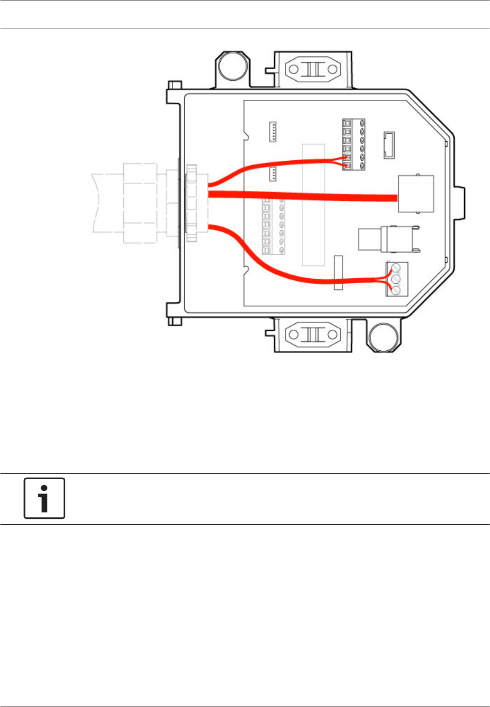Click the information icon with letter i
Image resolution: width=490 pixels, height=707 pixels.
point(45,498)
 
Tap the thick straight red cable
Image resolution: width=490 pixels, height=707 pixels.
point(303,196)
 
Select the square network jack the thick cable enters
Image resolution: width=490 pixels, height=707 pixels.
point(416,194)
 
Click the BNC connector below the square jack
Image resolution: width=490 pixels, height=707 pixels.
point(387,239)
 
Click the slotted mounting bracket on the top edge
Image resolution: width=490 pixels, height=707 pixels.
point(313,69)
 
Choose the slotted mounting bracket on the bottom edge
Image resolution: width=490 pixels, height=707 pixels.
point(313,335)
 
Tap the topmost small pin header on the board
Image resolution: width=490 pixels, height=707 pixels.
point(273,132)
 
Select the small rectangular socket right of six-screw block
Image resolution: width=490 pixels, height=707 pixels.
point(389,145)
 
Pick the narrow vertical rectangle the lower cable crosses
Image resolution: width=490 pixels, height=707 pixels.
point(338,272)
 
